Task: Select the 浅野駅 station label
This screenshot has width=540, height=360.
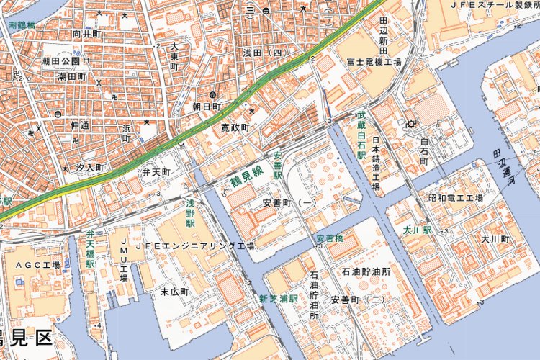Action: tap(191, 214)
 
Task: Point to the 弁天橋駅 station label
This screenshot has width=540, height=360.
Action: tap(91, 249)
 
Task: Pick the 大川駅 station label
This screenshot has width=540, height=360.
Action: tap(417, 230)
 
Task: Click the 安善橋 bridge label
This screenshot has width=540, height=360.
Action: tap(329, 238)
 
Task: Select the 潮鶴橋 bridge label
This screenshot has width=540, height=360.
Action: tap(22, 24)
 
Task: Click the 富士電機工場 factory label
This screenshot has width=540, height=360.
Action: tap(372, 62)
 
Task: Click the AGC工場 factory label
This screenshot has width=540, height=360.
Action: tap(37, 266)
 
